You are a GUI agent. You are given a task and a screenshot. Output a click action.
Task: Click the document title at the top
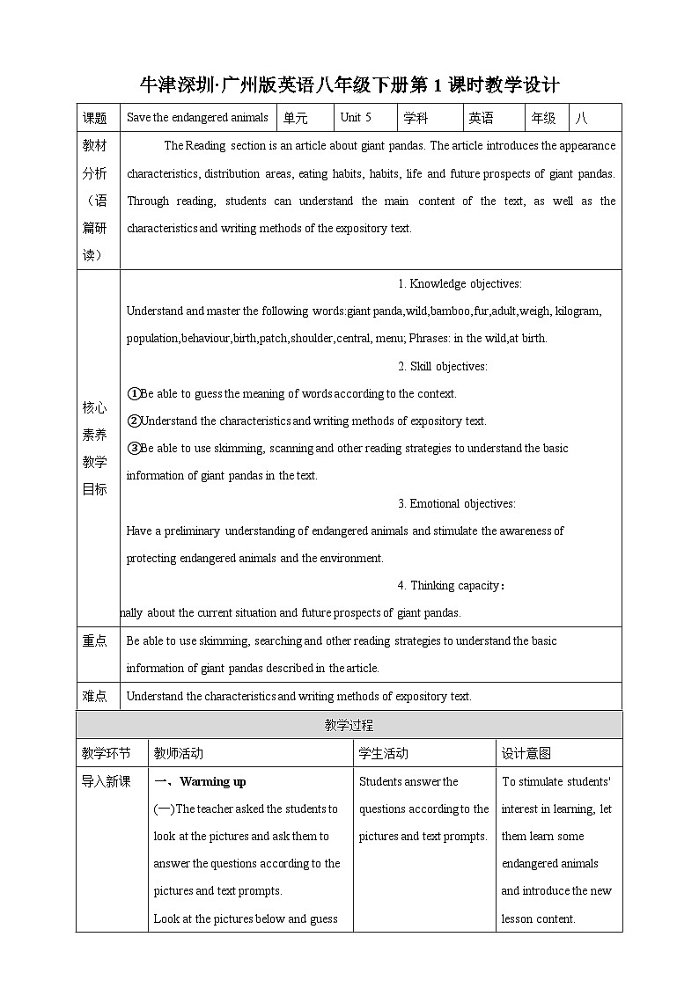tap(349, 84)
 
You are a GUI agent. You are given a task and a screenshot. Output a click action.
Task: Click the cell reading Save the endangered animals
tap(197, 118)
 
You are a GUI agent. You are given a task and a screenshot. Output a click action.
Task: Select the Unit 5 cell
tap(356, 118)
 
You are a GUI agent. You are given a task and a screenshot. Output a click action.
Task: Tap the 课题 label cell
tap(94, 118)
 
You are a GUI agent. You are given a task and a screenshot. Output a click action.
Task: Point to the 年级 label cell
tap(543, 118)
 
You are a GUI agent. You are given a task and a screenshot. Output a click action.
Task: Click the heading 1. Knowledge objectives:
tap(460, 283)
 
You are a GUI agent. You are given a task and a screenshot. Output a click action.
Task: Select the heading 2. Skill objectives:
tap(442, 366)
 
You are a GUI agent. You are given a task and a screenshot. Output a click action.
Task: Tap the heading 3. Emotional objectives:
tap(456, 503)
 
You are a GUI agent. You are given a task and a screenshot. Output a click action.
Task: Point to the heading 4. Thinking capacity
tap(452, 585)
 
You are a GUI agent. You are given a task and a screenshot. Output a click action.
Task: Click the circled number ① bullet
tap(134, 393)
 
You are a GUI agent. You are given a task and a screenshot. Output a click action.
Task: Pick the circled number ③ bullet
tap(134, 448)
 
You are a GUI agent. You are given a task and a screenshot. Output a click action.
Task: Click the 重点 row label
tap(94, 641)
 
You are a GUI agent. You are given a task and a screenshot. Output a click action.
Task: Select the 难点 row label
tap(94, 696)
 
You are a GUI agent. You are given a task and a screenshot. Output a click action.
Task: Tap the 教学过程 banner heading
tap(349, 725)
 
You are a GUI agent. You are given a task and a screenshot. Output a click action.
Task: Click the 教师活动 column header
tap(178, 753)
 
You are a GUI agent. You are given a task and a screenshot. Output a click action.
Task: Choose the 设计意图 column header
tap(526, 753)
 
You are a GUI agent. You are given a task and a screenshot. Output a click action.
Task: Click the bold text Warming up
tap(213, 781)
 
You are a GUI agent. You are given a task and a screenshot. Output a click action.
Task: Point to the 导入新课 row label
tap(106, 781)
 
